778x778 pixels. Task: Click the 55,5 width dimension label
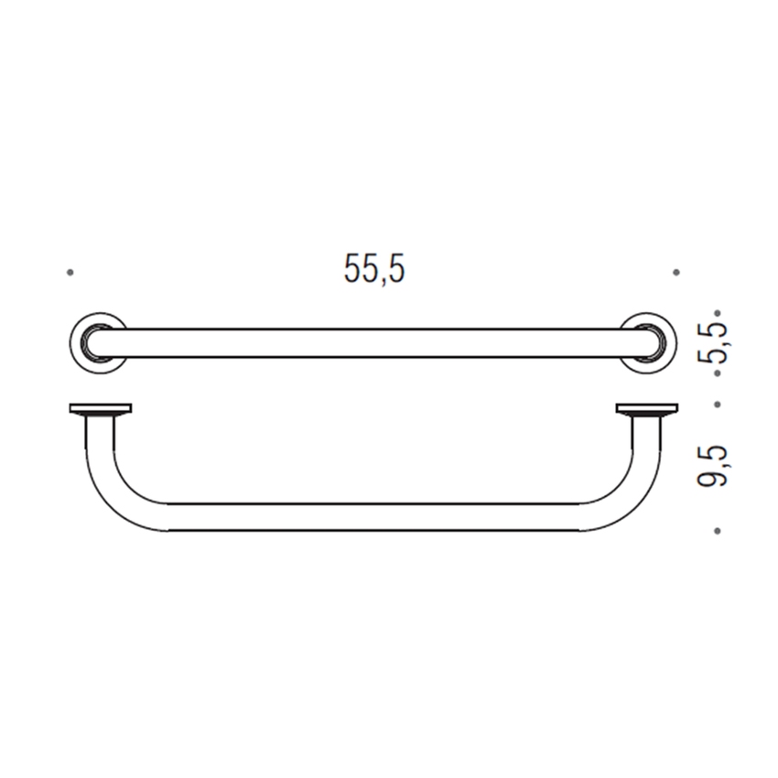(x=374, y=268)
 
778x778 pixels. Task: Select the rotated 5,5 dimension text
(x=717, y=343)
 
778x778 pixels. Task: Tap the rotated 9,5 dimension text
(x=717, y=465)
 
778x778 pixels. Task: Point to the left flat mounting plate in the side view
(x=101, y=408)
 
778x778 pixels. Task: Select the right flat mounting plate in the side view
(x=646, y=408)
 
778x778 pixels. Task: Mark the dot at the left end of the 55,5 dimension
(x=70, y=272)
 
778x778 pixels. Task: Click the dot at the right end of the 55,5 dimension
(x=675, y=272)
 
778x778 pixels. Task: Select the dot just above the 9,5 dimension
(x=718, y=403)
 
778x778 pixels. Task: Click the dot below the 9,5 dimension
(x=718, y=530)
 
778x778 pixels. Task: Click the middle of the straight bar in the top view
(x=373, y=343)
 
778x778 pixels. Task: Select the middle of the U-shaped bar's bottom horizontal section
(x=373, y=517)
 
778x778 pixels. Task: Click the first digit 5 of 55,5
(x=353, y=268)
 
